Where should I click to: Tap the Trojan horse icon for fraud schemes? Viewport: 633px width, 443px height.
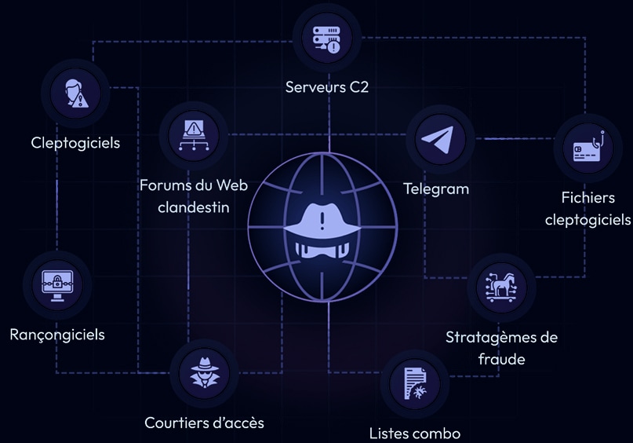point(501,287)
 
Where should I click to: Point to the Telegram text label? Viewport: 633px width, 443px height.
point(436,189)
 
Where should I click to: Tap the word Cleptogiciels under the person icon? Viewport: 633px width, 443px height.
point(75,142)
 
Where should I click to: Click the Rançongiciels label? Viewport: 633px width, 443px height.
point(57,335)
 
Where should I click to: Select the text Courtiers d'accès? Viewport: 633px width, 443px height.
point(204,423)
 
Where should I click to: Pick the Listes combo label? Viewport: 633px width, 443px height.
point(414,433)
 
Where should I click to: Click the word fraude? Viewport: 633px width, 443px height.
point(501,359)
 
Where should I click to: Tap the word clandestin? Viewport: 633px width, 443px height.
point(193,207)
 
